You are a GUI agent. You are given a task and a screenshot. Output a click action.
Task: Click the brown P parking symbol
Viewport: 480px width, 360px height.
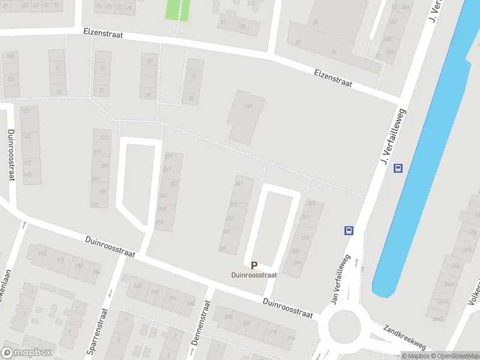click(254, 265)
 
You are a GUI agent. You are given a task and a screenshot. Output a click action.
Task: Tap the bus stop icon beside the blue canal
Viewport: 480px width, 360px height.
click(398, 169)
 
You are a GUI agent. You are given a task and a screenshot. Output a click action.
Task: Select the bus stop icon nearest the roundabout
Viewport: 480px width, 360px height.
click(349, 230)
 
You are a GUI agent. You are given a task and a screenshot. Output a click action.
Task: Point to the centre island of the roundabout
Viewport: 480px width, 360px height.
click(344, 327)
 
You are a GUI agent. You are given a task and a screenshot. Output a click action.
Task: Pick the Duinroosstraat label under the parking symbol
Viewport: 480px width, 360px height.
click(254, 275)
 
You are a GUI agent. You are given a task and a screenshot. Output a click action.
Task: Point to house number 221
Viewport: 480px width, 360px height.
click(104, 138)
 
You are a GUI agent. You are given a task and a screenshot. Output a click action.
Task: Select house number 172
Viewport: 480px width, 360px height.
click(42, 254)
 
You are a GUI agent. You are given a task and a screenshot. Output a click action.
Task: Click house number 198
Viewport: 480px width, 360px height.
click(191, 304)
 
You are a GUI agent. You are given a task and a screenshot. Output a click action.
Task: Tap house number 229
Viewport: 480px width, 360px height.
click(169, 156)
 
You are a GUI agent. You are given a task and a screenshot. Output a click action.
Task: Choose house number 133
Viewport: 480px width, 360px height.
click(25, 111)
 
